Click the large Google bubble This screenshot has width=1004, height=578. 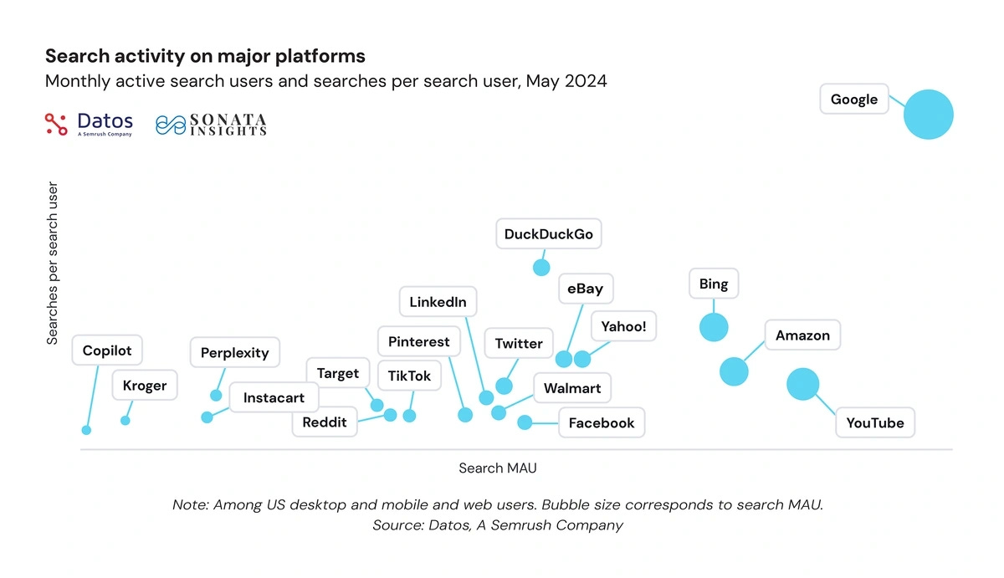(x=928, y=114)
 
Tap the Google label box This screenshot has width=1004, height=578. (x=853, y=100)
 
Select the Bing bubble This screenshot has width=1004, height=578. (x=714, y=327)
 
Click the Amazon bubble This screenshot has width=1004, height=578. (x=734, y=371)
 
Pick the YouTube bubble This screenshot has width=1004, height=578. (x=803, y=385)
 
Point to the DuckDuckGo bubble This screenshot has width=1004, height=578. (x=541, y=268)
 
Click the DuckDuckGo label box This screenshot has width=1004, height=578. (x=549, y=234)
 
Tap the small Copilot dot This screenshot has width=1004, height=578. (x=86, y=430)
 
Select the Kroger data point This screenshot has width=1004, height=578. (x=125, y=420)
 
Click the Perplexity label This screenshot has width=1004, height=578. (x=235, y=353)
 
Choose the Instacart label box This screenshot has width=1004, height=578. (x=274, y=398)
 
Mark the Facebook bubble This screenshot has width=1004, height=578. (x=525, y=422)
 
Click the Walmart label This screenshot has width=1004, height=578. (x=572, y=388)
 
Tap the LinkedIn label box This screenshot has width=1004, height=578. (x=438, y=302)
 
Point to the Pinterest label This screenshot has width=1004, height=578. (x=418, y=342)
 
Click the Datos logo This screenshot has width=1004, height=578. (x=89, y=124)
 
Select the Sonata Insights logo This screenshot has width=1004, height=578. (x=211, y=125)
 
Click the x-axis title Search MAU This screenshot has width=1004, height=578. (x=497, y=468)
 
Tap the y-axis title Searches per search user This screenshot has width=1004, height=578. (x=53, y=263)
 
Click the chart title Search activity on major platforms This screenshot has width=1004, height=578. (x=205, y=56)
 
